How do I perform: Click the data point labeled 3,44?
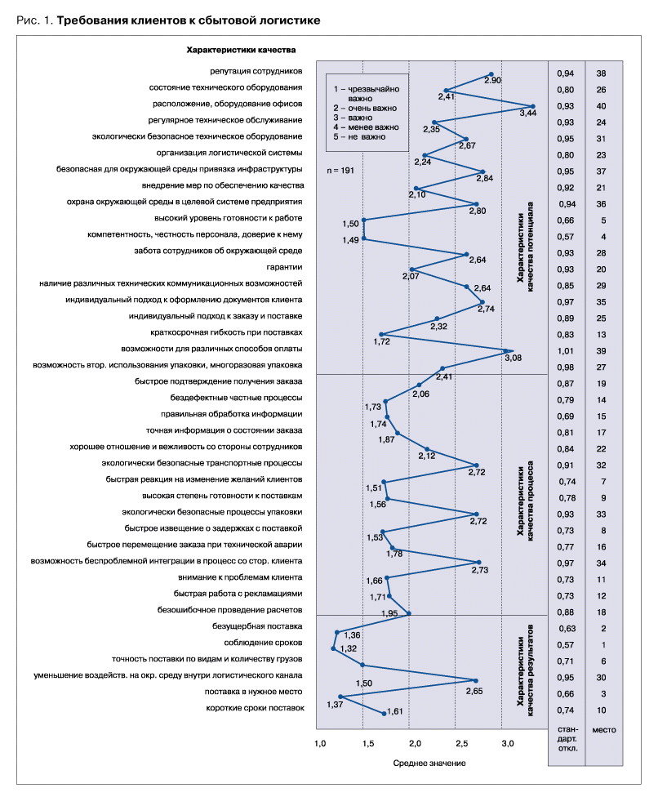pos(532,106)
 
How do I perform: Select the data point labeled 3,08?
pos(506,350)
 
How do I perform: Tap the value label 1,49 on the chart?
pos(350,240)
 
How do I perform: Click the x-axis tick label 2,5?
pos(461,744)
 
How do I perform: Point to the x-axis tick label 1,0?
pos(320,744)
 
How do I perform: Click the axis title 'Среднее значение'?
pos(429,763)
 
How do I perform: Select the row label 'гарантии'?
pos(284,267)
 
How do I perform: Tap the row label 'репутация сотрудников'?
pos(256,71)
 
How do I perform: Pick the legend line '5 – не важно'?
pos(359,136)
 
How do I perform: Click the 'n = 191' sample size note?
pos(340,171)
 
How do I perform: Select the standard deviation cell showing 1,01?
pos(566,351)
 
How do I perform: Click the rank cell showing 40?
pos(601,106)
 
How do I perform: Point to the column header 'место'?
pos(604,730)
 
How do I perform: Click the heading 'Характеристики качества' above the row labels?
pos(241,50)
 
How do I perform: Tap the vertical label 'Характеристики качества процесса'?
pos(525,501)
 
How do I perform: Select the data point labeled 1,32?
pos(333,648)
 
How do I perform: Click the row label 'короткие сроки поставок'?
pos(255,708)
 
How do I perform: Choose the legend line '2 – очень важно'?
pos(365,109)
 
